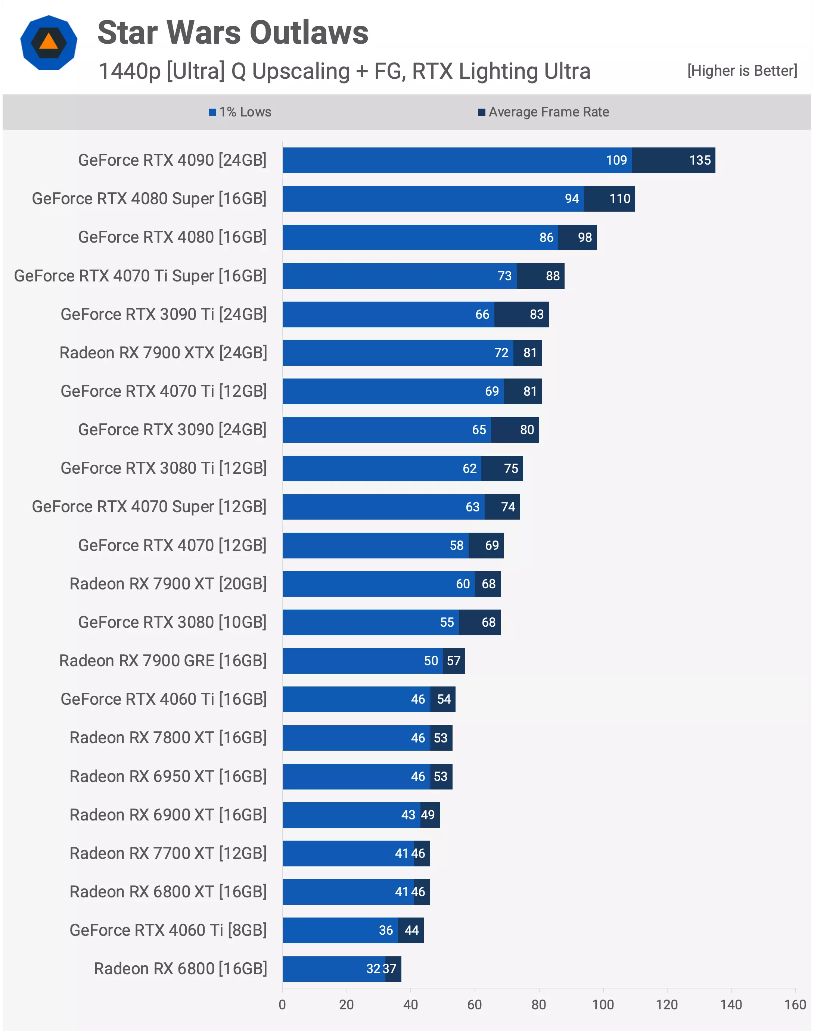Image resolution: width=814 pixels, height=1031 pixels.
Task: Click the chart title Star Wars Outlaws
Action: [x=233, y=33]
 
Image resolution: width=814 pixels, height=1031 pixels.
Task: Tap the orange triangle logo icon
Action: [x=49, y=43]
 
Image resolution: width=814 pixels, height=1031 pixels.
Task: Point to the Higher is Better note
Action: [x=742, y=71]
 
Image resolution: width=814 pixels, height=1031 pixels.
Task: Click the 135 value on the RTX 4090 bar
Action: [x=700, y=161]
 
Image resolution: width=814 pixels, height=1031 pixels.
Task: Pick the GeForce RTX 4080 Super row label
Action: [x=149, y=199]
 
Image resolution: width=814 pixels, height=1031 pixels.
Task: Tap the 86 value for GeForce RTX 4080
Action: [x=546, y=237]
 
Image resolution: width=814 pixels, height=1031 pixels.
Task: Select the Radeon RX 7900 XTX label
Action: [x=163, y=353]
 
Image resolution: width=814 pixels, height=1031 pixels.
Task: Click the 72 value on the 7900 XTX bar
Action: [x=501, y=353]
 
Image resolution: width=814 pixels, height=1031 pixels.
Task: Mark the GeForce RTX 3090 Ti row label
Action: [x=164, y=314]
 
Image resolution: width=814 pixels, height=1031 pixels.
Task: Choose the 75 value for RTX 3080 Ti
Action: [x=511, y=468]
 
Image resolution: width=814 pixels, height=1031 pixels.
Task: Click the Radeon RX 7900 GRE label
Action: [x=163, y=661]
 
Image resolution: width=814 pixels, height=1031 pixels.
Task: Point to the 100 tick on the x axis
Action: [x=602, y=1005]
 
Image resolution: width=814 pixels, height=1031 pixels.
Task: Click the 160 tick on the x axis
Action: [x=795, y=1005]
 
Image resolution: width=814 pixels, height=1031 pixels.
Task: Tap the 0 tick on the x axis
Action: [x=283, y=1005]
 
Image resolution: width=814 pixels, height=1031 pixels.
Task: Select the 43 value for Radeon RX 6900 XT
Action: [x=408, y=815]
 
